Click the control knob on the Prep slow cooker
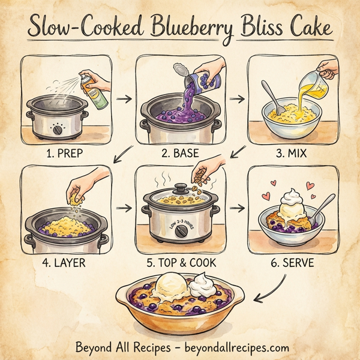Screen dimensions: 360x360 pyautogui.click(x=58, y=130)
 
